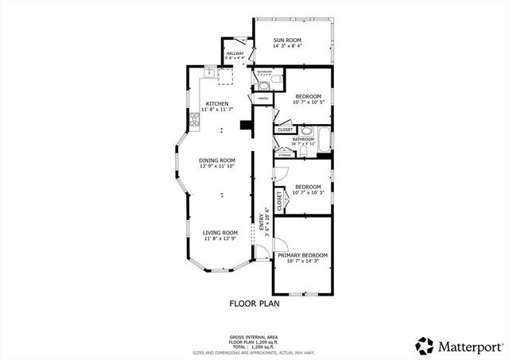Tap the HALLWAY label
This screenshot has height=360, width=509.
tap(234, 53)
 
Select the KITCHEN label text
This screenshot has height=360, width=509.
tap(217, 104)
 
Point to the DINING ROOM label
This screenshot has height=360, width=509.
tap(217, 160)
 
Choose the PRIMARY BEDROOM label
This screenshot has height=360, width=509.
tap(302, 255)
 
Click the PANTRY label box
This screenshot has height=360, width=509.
tap(263, 99)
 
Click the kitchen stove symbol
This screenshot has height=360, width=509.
tap(193, 120)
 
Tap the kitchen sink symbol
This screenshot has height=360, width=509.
tap(209, 74)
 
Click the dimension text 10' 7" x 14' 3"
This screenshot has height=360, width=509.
tap(302, 261)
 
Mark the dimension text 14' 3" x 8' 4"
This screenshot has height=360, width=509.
tap(289, 46)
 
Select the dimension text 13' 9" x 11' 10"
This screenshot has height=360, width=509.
tap(217, 166)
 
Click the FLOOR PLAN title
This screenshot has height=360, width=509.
tap(254, 303)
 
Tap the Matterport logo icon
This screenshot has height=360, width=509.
tap(425, 346)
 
